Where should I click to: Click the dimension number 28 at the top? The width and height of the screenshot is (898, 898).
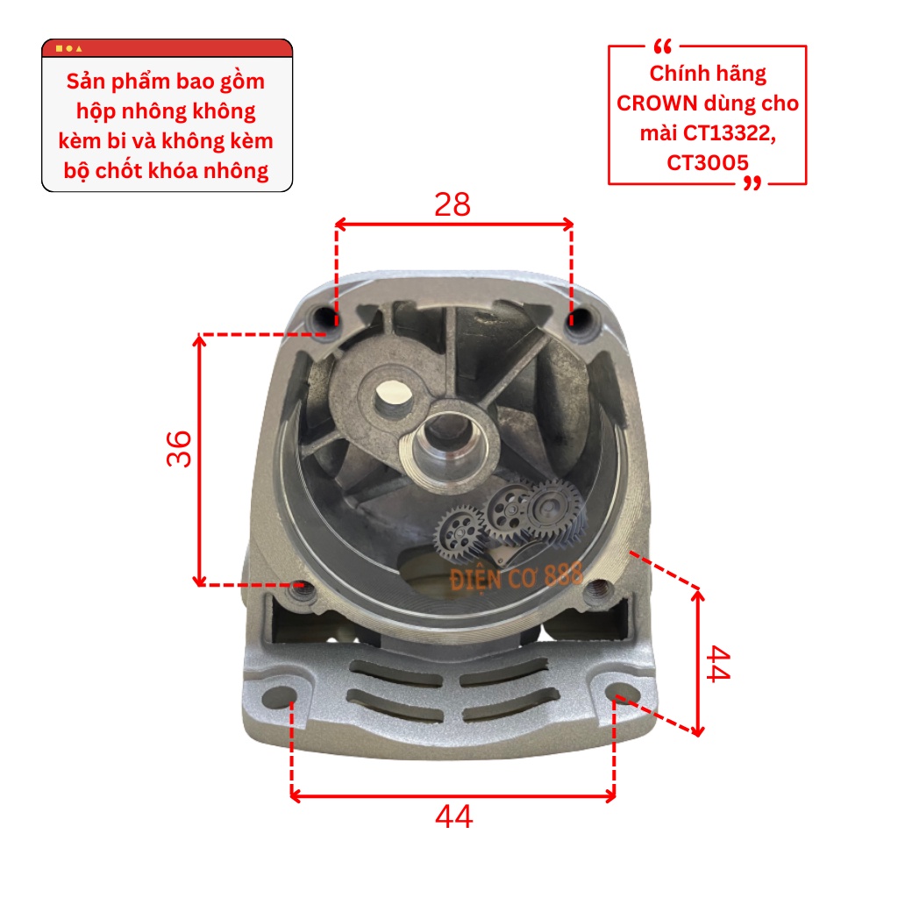pos(453,204)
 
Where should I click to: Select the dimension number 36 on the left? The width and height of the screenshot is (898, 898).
pos(179,448)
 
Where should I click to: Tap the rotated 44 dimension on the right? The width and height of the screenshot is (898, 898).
pos(718,664)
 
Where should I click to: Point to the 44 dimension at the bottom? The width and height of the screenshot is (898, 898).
pos(453,816)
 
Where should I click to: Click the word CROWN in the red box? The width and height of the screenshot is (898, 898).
pos(656,103)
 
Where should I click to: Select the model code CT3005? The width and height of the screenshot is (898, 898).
pos(708,163)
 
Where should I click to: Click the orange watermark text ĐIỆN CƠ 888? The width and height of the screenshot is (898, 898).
pos(516,577)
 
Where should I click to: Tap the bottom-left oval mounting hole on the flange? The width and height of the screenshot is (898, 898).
pos(279,695)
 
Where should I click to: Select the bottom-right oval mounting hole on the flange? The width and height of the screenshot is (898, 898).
pos(623,692)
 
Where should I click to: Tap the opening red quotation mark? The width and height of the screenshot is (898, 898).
pos(662,46)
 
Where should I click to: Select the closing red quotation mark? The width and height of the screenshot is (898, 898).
pos(752,183)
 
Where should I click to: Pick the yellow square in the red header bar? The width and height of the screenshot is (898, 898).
pos(59,49)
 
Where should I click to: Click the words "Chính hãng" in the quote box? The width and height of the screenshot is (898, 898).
pos(708,75)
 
